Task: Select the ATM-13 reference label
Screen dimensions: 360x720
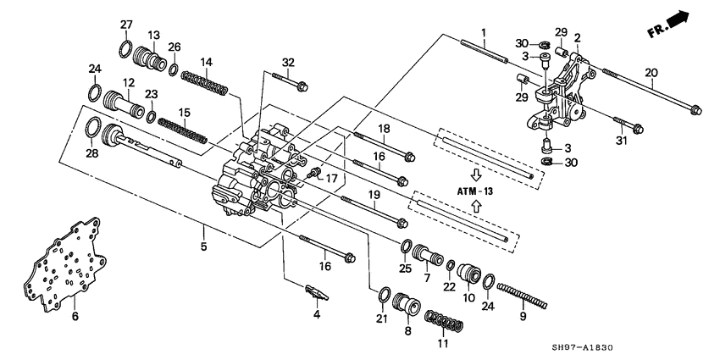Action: pos(475,191)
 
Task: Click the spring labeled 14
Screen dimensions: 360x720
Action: pos(206,83)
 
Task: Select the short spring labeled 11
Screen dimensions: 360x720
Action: pos(443,323)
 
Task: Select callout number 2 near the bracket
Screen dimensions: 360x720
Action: pos(576,38)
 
